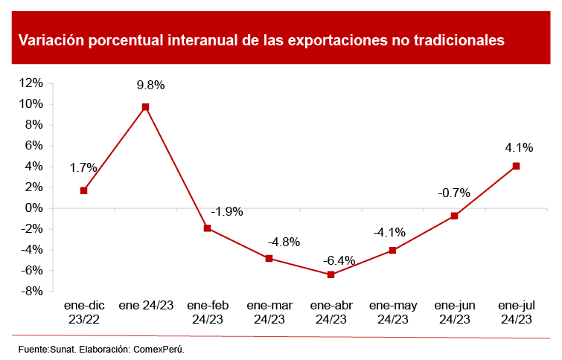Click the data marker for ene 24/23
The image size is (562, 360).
145,107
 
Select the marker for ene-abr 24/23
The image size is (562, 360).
331,274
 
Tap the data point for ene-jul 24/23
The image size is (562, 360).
516,166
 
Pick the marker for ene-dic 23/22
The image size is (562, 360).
83,190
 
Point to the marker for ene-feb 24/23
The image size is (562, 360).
207,228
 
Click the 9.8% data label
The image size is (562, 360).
150,85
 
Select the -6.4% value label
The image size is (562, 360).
339,261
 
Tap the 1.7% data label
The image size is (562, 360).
83,168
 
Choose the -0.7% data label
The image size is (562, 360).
453,193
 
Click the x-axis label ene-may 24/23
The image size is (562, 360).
392,312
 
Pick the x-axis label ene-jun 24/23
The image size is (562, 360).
454,312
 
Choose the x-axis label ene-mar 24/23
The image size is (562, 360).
269,312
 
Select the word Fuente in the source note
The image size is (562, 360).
33,348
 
